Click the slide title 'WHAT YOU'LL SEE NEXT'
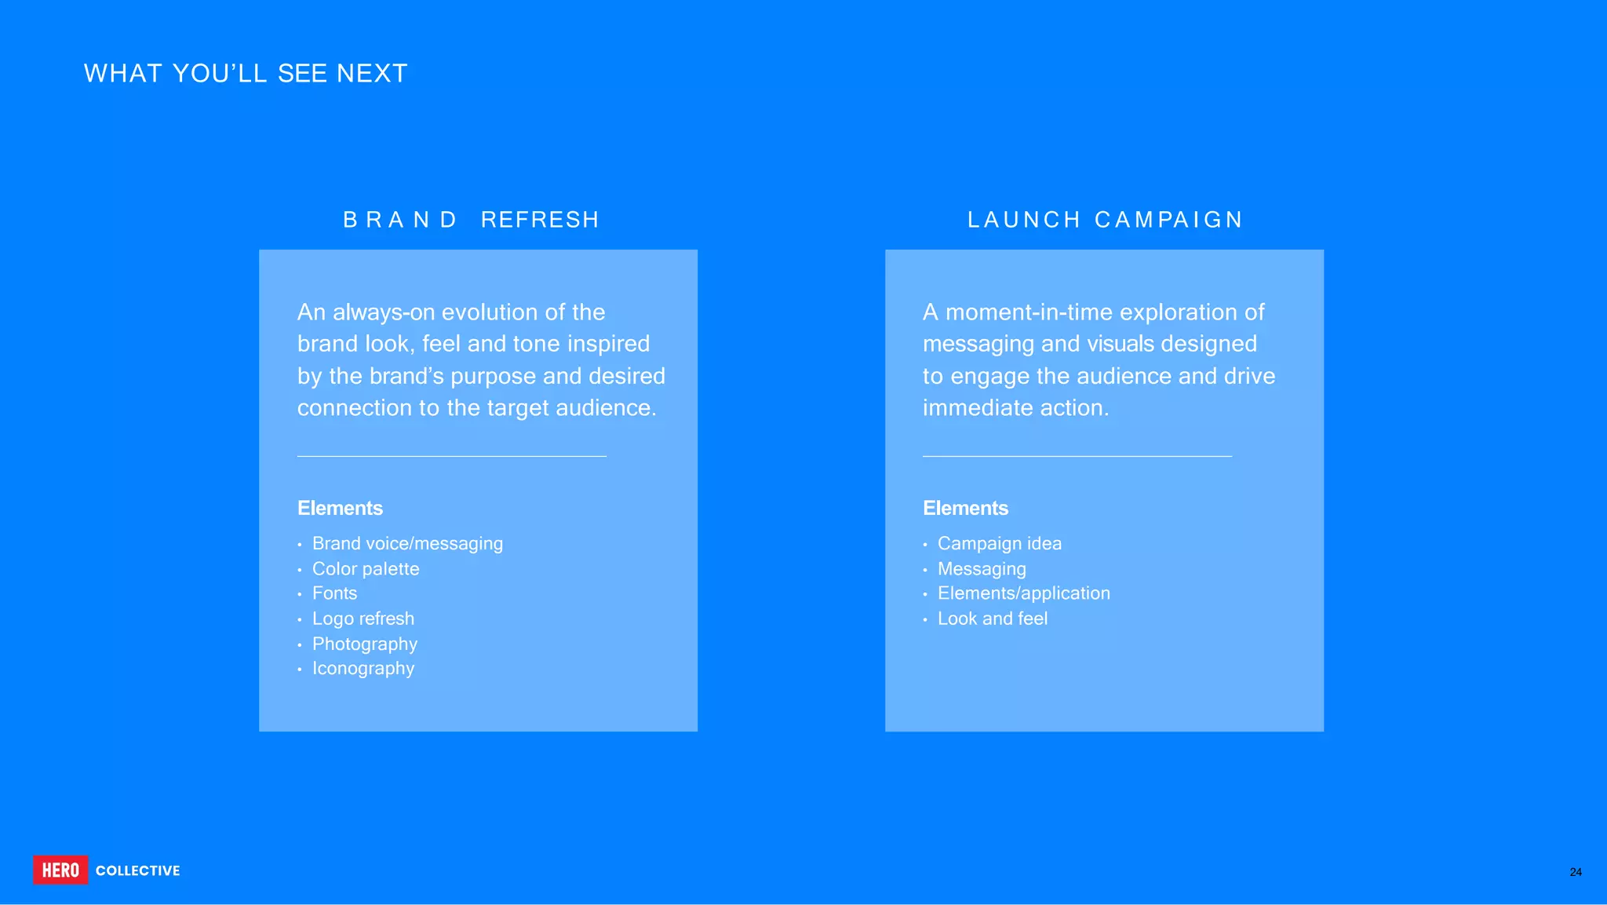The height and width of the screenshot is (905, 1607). pyautogui.click(x=246, y=73)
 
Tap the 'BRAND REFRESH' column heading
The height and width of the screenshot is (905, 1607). pyautogui.click(x=471, y=220)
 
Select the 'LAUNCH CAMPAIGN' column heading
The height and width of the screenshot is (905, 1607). pyautogui.click(x=1105, y=220)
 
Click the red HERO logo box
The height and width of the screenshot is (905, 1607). pyautogui.click(x=60, y=870)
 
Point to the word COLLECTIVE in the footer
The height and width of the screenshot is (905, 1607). pyautogui.click(x=138, y=870)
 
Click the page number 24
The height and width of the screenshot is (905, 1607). pyautogui.click(x=1575, y=872)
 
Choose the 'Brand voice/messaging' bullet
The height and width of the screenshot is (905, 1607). pyautogui.click(x=407, y=543)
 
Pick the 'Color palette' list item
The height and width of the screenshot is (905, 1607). pyautogui.click(x=366, y=568)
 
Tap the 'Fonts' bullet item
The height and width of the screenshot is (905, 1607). pyautogui.click(x=334, y=593)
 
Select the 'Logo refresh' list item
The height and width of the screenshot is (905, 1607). pyautogui.click(x=363, y=619)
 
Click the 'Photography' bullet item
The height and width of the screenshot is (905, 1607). pyautogui.click(x=365, y=644)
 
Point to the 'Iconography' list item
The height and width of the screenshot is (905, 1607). pyautogui.click(x=363, y=668)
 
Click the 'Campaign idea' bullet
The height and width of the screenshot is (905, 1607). pyautogui.click(x=999, y=543)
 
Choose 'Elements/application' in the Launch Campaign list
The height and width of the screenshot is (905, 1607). pyautogui.click(x=1023, y=593)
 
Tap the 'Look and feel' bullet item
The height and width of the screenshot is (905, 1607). pyautogui.click(x=993, y=619)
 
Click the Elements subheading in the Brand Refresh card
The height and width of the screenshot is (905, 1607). pyautogui.click(x=340, y=508)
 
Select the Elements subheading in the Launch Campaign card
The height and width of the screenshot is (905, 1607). pyautogui.click(x=965, y=508)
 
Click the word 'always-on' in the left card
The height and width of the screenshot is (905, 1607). pyautogui.click(x=384, y=312)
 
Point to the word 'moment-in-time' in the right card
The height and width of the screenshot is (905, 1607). pyautogui.click(x=1034, y=312)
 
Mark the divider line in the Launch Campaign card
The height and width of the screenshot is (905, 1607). pyautogui.click(x=1077, y=456)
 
